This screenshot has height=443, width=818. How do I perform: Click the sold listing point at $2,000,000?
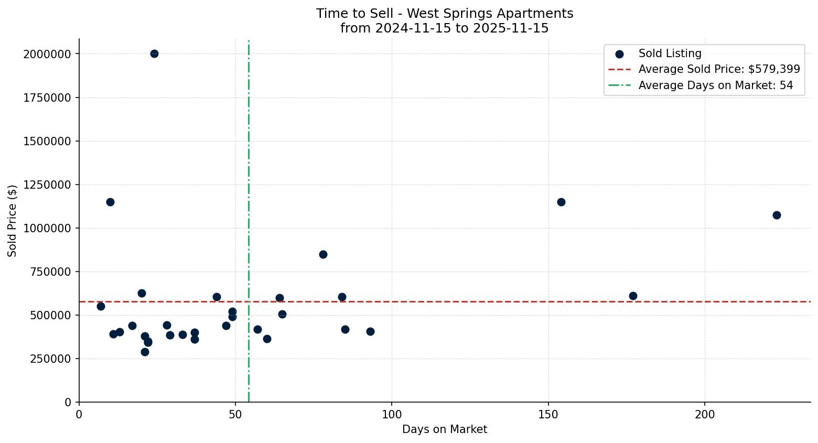[x=154, y=53]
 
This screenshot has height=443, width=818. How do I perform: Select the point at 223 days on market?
[x=777, y=215]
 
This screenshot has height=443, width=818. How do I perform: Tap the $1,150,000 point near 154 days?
[x=561, y=202]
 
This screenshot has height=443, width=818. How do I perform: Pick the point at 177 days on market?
[x=633, y=296]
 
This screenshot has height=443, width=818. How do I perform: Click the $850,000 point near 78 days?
[x=323, y=254]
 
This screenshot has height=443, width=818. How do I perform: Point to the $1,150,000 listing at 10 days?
[x=110, y=202]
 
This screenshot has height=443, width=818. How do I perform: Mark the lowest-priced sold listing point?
[x=145, y=352]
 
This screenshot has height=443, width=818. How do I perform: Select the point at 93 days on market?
[x=370, y=331]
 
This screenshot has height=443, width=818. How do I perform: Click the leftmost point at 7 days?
[x=101, y=306]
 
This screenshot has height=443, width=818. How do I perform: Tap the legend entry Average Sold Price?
[x=718, y=69]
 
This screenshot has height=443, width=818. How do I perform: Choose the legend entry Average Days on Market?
[x=715, y=85]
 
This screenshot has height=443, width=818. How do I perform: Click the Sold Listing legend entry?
[x=670, y=53]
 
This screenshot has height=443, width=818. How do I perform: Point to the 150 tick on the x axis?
[x=548, y=415]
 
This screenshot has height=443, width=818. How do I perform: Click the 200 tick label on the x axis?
[x=705, y=415]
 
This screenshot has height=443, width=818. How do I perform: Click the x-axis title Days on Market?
[x=445, y=429]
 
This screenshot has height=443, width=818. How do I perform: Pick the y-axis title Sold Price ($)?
[x=13, y=221]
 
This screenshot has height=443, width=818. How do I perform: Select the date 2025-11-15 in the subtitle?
[x=511, y=28]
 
